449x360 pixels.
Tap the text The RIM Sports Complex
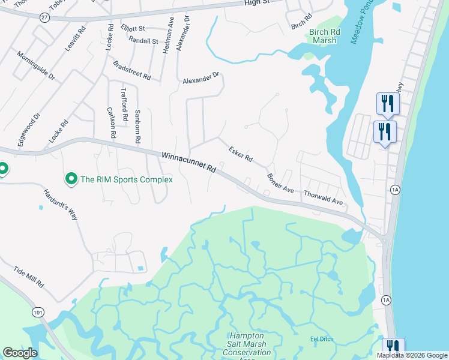tap(127, 179)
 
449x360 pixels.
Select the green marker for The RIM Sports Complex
tap(71, 179)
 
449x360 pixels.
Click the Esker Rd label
tap(240, 152)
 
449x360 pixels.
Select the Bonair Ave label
tap(280, 182)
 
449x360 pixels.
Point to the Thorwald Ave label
tap(323, 197)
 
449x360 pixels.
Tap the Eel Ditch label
tap(322, 339)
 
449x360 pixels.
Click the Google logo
tap(20, 353)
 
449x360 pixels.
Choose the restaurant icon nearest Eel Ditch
tap(393, 347)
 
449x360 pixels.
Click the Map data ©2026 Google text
tap(412, 355)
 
